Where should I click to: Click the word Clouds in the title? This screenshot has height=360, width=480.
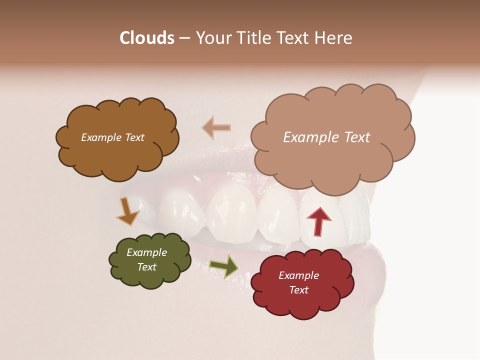pos(146,38)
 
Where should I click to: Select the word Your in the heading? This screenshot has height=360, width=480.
pos(214,38)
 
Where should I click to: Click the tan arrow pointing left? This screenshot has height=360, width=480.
pos(216,127)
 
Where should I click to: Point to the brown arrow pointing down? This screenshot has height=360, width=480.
pos(128,211)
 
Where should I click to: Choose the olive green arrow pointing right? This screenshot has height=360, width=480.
pos(223,266)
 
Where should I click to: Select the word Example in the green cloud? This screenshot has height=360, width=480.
pos(146,252)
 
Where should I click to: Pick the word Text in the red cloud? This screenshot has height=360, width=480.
pos(298,290)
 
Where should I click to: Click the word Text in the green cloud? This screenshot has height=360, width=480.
pos(146,267)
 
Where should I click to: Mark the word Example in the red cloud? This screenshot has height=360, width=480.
pos(298,275)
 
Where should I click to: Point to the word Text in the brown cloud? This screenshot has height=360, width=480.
pos(134,137)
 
